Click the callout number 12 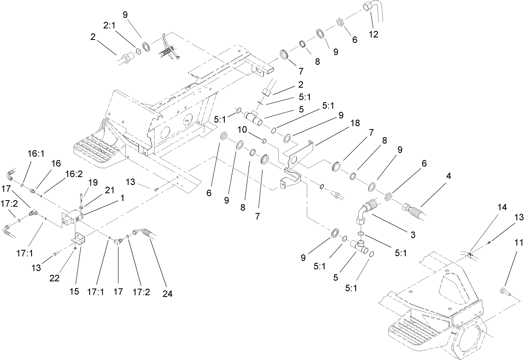tap(373, 34)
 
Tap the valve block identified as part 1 tap(72, 218)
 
